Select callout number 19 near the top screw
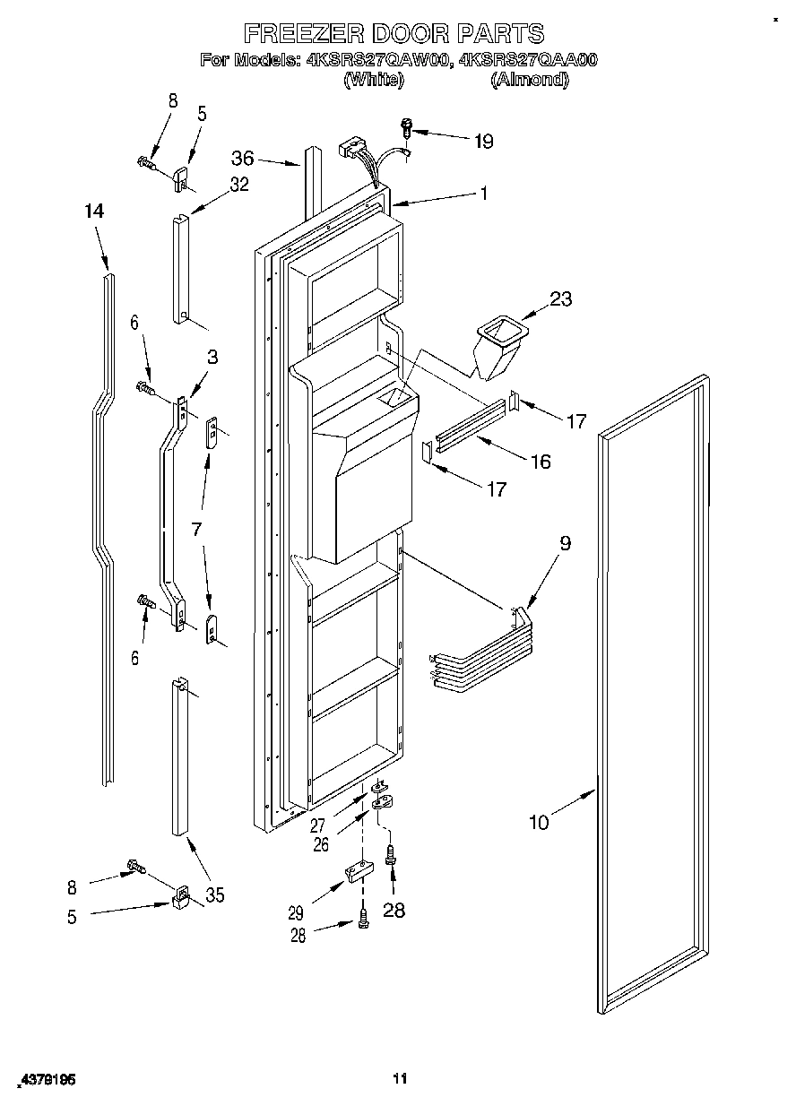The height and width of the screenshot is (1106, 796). pos(483,141)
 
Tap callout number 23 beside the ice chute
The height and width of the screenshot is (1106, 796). pos(560,299)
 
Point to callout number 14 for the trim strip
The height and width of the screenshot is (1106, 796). pos(94,212)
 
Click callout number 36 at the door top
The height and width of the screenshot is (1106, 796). pos(243,158)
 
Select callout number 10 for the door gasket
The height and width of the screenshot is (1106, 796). pos(538,821)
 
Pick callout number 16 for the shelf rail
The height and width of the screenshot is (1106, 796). pos(541,462)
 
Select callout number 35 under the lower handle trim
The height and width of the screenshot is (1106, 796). pos(214,894)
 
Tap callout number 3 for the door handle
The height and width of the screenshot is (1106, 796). pos(212,356)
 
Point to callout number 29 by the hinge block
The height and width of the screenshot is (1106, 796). pos(295,913)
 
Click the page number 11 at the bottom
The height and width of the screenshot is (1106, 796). pos(400,1079)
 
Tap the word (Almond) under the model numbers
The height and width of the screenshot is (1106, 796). pos(529,80)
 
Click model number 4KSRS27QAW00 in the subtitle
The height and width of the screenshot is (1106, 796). pos(379,61)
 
